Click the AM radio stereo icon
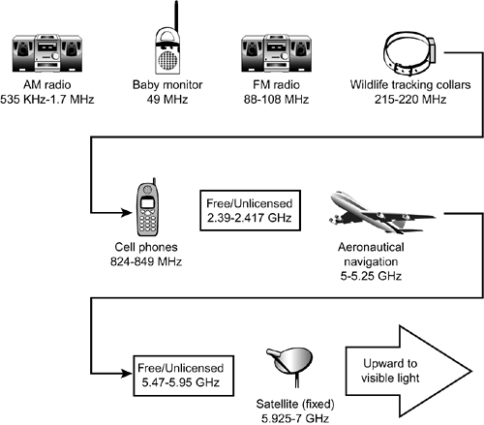47,53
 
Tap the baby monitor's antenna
176,17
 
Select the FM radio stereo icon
277,53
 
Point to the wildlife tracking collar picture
409,54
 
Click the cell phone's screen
148,203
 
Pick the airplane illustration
382,212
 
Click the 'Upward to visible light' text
390,371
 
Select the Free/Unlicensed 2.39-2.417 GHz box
250,210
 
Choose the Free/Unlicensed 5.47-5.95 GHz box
183,376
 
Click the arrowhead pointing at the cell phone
127,213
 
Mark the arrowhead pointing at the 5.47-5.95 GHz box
127,374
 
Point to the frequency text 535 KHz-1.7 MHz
47,99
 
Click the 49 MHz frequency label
167,99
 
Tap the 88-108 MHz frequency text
276,99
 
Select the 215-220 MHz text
410,99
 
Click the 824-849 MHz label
146,261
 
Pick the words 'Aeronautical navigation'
371,255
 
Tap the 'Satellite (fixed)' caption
295,404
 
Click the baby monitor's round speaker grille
167,60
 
